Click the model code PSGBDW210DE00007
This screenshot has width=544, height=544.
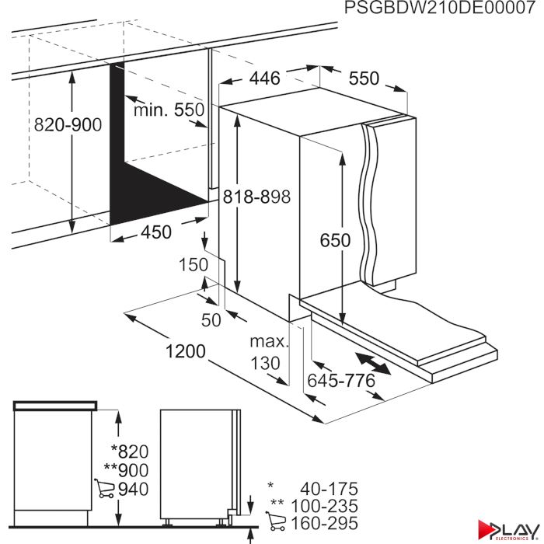pos(440,8)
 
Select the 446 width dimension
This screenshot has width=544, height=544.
pos(265,78)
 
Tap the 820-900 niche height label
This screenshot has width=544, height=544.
pos(68,124)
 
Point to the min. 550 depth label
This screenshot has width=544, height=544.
pos(169,110)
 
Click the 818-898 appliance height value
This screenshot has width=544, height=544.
pos(256,197)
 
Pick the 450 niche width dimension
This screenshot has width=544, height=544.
pos(156,232)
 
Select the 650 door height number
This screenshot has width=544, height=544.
pos(335,240)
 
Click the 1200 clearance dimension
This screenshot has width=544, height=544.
pos(186,351)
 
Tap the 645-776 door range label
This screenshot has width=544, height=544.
pos(341,381)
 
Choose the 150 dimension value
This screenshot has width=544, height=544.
pos(194,264)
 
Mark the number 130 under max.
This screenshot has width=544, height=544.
pos(265,363)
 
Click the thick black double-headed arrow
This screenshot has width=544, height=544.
pos(373,363)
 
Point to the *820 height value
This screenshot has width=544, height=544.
pos(130,452)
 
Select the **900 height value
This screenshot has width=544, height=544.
pos(126,470)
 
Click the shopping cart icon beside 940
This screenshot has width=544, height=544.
pos(104,489)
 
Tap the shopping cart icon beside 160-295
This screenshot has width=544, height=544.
pos(276,521)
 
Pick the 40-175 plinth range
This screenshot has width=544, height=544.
pos(329,489)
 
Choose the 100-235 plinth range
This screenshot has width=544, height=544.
pos(324,506)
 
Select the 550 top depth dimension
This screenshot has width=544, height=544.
pos(364,78)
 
